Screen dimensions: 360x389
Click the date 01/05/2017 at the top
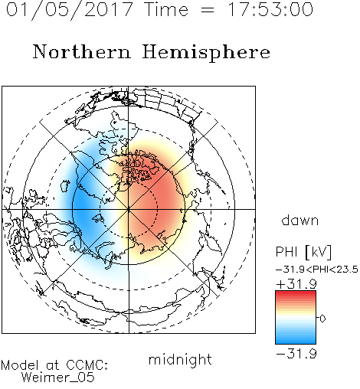pos(70,10)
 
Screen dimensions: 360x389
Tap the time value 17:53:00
pos(270,9)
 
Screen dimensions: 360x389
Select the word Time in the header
pos(166,9)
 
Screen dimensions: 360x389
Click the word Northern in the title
pos(82,51)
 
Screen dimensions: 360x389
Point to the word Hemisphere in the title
pos(206,53)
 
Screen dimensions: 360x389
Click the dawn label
pos(300,220)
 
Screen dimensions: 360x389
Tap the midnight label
pos(180,359)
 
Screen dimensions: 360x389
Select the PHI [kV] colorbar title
pos(303,252)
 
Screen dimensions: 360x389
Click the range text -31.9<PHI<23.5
pos(317,270)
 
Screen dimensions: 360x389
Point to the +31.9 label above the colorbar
pos(296,284)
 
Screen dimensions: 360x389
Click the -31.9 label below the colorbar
pos(296,354)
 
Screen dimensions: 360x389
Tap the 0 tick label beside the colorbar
pos(322,319)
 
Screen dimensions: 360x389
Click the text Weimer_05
pos(58,377)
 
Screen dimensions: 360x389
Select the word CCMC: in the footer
pos(87,365)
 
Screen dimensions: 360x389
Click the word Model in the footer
pos(20,365)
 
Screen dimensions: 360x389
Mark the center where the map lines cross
pos(129,209)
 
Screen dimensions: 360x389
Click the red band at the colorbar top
pos(296,294)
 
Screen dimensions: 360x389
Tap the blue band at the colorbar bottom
pos(296,340)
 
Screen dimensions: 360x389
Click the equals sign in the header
pos(208,11)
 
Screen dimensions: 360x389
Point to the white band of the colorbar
pos(296,319)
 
